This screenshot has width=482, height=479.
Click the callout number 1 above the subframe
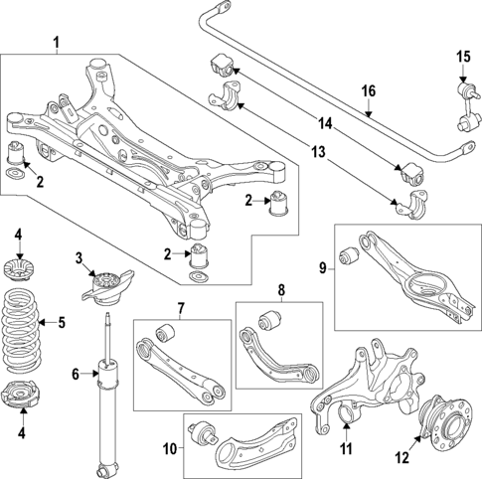pyautogui.click(x=56, y=42)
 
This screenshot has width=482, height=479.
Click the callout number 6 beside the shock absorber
pyautogui.click(x=75, y=375)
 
